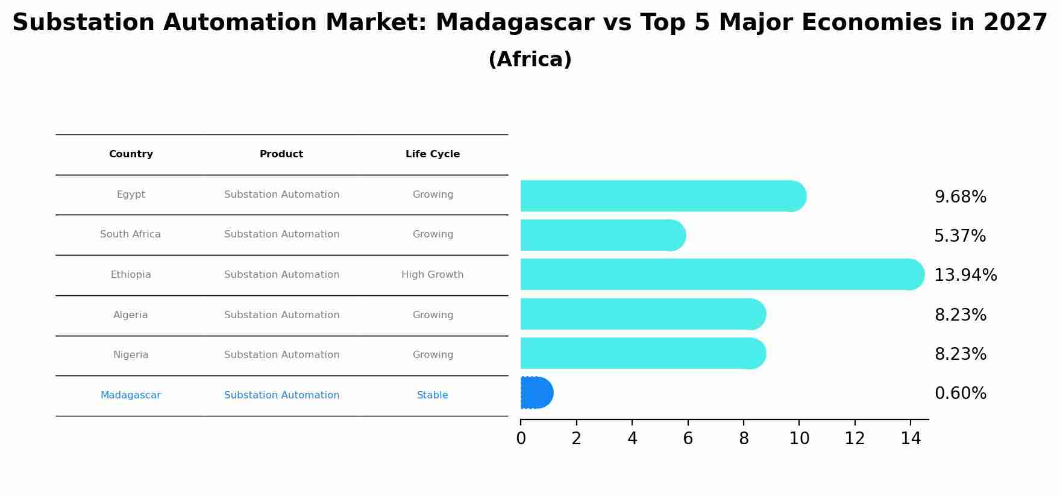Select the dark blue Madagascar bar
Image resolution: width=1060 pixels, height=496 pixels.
[x=536, y=393]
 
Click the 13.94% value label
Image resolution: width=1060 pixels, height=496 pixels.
[x=965, y=275]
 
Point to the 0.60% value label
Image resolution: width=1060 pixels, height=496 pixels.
[x=961, y=394]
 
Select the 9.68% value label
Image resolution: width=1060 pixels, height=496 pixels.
[x=961, y=197]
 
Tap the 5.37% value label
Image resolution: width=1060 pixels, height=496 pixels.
[x=960, y=236]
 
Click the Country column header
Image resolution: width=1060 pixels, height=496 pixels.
[x=131, y=154]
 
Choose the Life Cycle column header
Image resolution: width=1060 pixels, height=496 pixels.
[x=433, y=154]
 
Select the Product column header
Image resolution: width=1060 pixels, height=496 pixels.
[x=281, y=154]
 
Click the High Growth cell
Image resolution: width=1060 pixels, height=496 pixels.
[x=433, y=275]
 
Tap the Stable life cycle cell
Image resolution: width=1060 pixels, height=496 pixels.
[x=433, y=395]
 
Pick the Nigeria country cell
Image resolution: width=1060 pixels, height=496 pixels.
[x=131, y=355]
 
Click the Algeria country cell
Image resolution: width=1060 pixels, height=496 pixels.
[x=131, y=315]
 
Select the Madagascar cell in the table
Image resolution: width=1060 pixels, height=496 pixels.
[x=131, y=395]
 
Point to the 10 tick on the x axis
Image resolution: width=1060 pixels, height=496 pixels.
[x=799, y=439]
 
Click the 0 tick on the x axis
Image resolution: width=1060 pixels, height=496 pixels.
[x=521, y=439]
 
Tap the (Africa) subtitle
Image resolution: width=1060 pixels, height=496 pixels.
[x=530, y=60]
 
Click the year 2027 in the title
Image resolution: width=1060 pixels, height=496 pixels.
[x=1015, y=23]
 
